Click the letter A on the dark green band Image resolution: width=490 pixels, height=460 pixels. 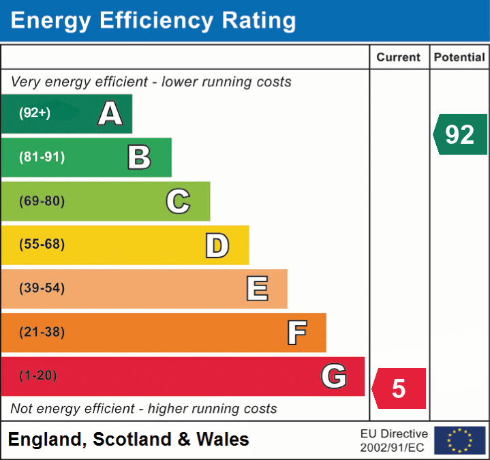click(110, 113)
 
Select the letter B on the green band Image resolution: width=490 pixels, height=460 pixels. click(139, 157)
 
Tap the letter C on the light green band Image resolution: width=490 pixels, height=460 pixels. click(178, 201)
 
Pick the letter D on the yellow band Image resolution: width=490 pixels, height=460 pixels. click(217, 245)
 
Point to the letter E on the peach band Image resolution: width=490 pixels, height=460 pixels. click(257, 289)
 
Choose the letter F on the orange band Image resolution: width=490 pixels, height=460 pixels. click(296, 333)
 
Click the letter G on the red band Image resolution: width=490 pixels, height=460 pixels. click(334, 376)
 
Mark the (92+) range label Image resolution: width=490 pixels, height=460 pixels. click(35, 113)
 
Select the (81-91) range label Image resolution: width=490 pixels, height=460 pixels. click(42, 157)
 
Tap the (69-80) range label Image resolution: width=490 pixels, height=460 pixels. click(42, 201)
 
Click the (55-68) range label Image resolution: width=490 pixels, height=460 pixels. click(42, 245)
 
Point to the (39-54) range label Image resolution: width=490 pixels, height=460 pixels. click(42, 288)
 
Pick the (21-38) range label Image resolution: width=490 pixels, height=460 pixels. click(42, 333)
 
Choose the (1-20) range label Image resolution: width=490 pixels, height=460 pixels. click(38, 376)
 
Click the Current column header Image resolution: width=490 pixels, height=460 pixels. click(399, 58)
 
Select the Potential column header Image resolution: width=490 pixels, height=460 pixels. click(459, 58)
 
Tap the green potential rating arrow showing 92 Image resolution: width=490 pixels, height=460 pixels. click(460, 134)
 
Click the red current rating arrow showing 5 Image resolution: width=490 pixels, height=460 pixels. click(399, 388)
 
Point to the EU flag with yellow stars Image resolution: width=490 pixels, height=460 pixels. click(460, 440)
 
